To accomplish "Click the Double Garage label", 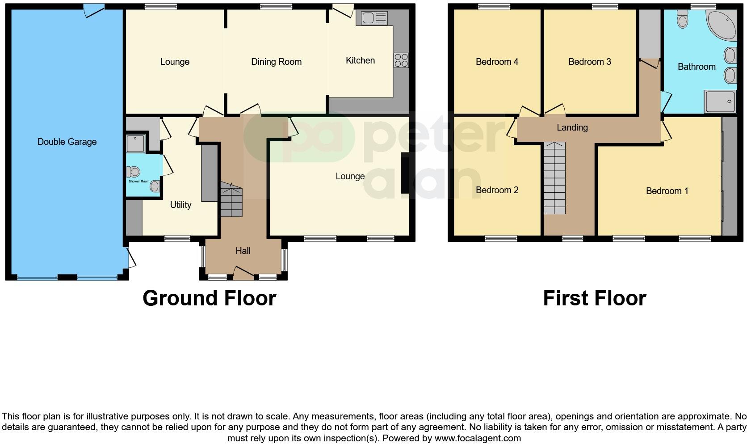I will pos(67,142).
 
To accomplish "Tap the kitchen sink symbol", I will pos(374,18).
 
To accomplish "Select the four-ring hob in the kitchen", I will pos(401,60).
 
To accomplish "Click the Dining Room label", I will pos(276,62).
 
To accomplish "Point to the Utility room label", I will pos(180,205).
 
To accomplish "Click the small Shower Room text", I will pos(139,182).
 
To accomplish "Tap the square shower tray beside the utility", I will pos(135,143).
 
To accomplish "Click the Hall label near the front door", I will pos(243,251).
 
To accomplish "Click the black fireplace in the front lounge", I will pos(405,173).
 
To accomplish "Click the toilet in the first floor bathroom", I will pos(682,19).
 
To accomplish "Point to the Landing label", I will pos(572,127).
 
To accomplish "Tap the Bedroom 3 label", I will pos(589,62).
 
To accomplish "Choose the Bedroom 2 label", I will pos(497,190).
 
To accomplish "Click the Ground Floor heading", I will pos(209,298).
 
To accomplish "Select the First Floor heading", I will pos(594,298).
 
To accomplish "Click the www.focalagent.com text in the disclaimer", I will pos(478,438).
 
